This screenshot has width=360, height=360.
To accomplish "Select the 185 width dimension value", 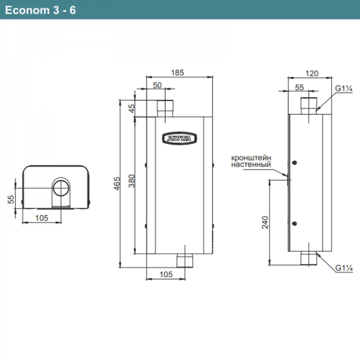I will pyautogui.click(x=177, y=73).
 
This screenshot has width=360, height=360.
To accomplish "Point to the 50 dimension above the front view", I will pyautogui.click(x=157, y=85).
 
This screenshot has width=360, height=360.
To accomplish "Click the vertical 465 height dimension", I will pyautogui.click(x=117, y=183).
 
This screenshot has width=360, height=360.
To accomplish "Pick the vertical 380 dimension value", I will pyautogui.click(x=132, y=181).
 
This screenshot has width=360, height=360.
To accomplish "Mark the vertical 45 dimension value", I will pyautogui.click(x=132, y=109).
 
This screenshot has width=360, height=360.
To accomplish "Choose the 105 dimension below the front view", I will pyautogui.click(x=166, y=275).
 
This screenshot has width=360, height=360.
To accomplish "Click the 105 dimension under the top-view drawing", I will pyautogui.click(x=41, y=218).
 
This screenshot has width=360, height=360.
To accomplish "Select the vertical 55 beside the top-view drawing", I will pyautogui.click(x=11, y=200).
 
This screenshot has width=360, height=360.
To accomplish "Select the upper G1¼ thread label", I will pyautogui.click(x=344, y=88).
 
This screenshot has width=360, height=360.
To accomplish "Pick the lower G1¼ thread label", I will pyautogui.click(x=344, y=268).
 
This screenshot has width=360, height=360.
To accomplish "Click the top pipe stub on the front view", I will pyautogui.click(x=165, y=107).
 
